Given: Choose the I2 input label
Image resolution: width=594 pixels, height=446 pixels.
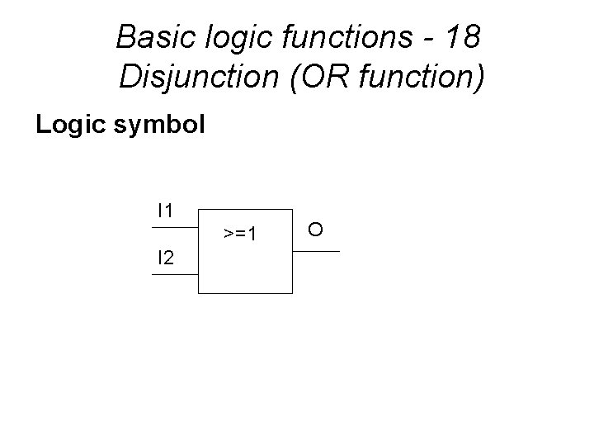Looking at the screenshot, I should [x=165, y=259].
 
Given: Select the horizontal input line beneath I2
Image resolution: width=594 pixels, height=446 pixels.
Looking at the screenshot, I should [x=174, y=273].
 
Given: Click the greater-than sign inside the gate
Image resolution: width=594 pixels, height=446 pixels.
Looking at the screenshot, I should [x=229, y=235].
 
